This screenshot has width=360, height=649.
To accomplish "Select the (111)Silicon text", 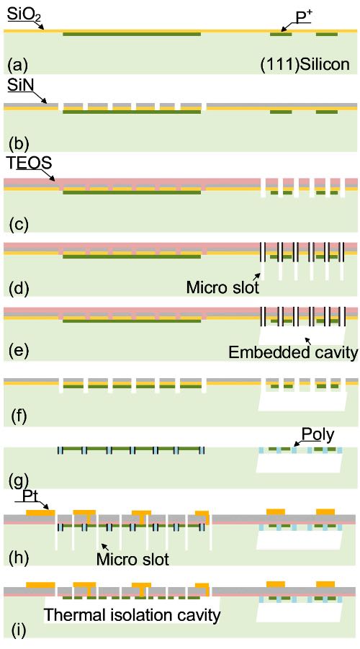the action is pyautogui.click(x=305, y=64).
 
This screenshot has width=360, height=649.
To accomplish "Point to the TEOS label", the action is pyautogui.click(x=30, y=163).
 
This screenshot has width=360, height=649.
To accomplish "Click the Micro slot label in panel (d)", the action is pyautogui.click(x=222, y=287).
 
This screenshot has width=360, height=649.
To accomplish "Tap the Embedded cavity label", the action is pyautogui.click(x=293, y=352).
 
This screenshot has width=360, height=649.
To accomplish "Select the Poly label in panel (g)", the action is pyautogui.click(x=318, y=434).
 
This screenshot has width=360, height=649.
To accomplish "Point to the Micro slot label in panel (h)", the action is pyautogui.click(x=132, y=559).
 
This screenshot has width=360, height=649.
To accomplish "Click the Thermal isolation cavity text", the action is pyautogui.click(x=132, y=615).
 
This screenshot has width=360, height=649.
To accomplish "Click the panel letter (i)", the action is pyautogui.click(x=16, y=630).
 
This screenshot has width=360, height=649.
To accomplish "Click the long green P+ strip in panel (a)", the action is pyautogui.click(x=132, y=34).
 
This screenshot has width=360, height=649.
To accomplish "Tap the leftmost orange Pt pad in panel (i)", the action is pyautogui.click(x=40, y=585).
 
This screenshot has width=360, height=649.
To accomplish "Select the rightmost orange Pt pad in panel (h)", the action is pyautogui.click(x=325, y=511).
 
